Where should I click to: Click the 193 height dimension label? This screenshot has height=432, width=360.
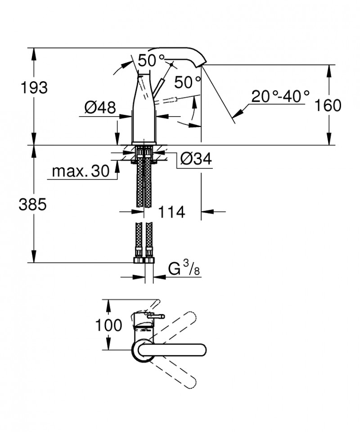[x=33, y=88]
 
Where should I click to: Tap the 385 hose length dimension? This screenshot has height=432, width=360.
[x=33, y=205]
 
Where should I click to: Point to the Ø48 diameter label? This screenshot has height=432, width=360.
[x=100, y=108]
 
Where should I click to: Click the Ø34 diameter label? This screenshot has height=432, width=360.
[x=195, y=158]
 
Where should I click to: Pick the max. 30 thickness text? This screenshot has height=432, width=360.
[x=81, y=171]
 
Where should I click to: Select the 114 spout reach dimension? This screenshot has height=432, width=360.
[x=171, y=212]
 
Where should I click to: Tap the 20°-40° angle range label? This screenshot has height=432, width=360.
[x=280, y=96]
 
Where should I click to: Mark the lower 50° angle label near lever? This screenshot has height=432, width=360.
[x=187, y=82]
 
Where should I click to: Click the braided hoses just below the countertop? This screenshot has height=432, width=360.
[x=144, y=180]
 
